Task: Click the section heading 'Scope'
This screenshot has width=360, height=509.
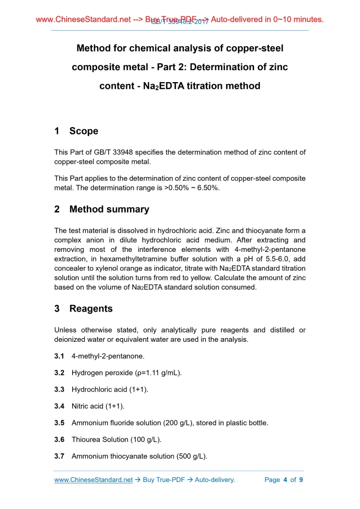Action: [84, 131]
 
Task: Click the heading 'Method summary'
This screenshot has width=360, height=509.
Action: [109, 209]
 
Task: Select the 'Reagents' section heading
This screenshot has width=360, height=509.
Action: [91, 309]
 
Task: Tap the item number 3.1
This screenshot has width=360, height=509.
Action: [59, 356]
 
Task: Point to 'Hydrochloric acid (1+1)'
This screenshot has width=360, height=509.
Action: [106, 390]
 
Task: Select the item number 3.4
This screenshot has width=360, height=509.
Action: [59, 406]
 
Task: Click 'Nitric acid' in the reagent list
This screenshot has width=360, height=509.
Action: [87, 406]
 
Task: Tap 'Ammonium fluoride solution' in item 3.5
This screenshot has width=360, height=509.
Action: [116, 423]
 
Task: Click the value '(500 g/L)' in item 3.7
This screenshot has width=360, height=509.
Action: [190, 456]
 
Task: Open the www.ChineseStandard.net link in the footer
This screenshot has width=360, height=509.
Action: [94, 480]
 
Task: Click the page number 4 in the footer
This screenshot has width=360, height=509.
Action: [285, 480]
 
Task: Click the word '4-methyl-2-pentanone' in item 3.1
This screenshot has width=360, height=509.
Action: [108, 356]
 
